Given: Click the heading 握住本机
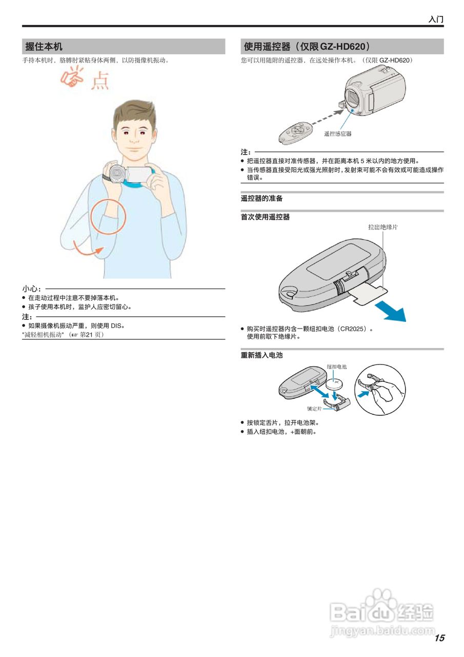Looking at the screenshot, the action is pos(44,46).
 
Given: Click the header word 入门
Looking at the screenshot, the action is pos(436,20).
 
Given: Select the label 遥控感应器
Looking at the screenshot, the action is pos(337,134).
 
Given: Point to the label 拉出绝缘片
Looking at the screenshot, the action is pos(383,227).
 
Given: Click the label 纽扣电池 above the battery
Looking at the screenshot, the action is pos(336,366).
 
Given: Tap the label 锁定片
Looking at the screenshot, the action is pos(314,409).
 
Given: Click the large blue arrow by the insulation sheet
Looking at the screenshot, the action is pos(391,311).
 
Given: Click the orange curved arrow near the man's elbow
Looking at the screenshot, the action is pos(87,252).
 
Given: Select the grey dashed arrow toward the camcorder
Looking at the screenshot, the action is pos(328,117).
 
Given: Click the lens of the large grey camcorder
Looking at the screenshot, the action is pos(355,99).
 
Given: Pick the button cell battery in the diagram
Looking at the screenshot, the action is pos(336,383).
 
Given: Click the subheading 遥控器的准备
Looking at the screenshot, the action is pos(261,199).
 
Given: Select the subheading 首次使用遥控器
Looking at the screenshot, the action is pos(265,217).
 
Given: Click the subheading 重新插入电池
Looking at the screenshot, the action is pos(261,355).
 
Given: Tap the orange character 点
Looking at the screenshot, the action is pos(100,81).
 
